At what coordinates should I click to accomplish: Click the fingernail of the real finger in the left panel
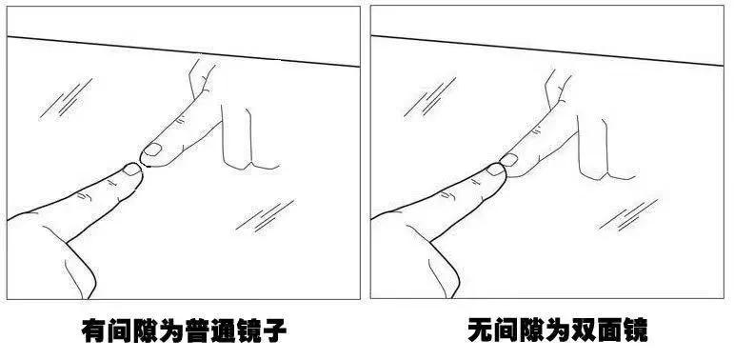130,170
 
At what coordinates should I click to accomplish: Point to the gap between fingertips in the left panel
142,161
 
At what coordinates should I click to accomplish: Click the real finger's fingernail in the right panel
494,171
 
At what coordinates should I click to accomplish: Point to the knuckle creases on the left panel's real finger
86,195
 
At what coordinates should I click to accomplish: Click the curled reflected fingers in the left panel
243,143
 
